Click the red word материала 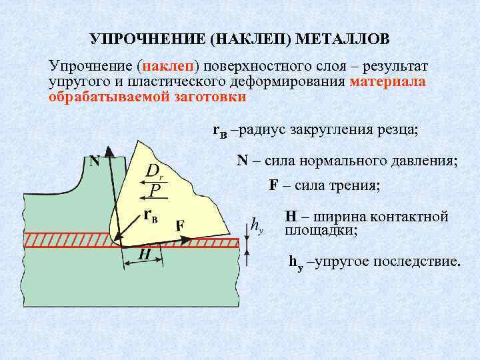pyautogui.click(x=387, y=81)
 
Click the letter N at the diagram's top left pyautogui.click(x=95, y=161)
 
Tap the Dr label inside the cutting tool pyautogui.click(x=155, y=172)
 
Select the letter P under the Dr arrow pyautogui.click(x=155, y=191)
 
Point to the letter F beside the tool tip pyautogui.click(x=180, y=225)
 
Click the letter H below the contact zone pyautogui.click(x=143, y=255)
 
